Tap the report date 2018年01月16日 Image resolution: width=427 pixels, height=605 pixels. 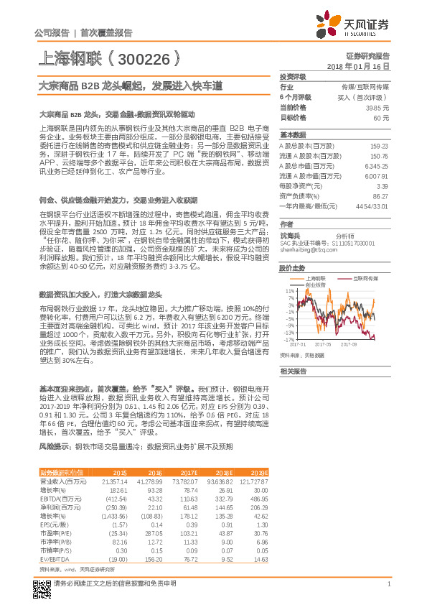pos(362,65)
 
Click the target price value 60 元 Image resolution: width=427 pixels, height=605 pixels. pos(381,117)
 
